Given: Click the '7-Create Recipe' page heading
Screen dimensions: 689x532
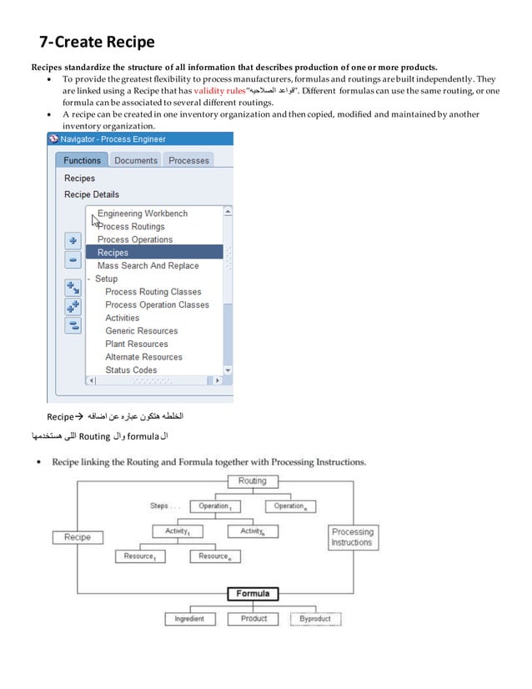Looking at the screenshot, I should [x=98, y=42].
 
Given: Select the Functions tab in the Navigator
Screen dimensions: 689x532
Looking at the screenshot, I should [x=82, y=160].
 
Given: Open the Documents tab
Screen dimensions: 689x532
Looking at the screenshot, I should [x=135, y=160].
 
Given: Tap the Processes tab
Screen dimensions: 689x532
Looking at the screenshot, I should [x=188, y=160].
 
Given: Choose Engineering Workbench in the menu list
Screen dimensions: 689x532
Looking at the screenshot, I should [x=143, y=214].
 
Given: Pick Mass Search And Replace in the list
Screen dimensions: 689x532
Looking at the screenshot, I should [x=148, y=265].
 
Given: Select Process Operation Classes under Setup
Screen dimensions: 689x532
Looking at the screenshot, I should [x=157, y=304].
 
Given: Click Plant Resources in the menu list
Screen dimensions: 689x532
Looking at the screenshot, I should [x=136, y=344].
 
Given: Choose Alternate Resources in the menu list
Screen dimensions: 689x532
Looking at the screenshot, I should [x=143, y=357].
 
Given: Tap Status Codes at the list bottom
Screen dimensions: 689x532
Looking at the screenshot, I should [x=131, y=370].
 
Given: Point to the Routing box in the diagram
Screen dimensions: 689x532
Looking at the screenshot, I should [x=252, y=481].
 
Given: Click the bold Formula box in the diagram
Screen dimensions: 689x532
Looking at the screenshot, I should [x=252, y=594].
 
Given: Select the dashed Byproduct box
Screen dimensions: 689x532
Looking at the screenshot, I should [x=316, y=619].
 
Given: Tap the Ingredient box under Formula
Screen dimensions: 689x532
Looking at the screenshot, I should [x=189, y=619].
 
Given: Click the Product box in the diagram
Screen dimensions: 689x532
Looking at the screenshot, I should [x=253, y=619].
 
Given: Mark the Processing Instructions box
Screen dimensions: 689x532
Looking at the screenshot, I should [x=352, y=537].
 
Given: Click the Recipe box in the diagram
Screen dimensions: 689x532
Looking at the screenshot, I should [x=78, y=537].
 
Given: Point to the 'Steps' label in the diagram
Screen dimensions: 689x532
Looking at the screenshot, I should [x=160, y=505].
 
